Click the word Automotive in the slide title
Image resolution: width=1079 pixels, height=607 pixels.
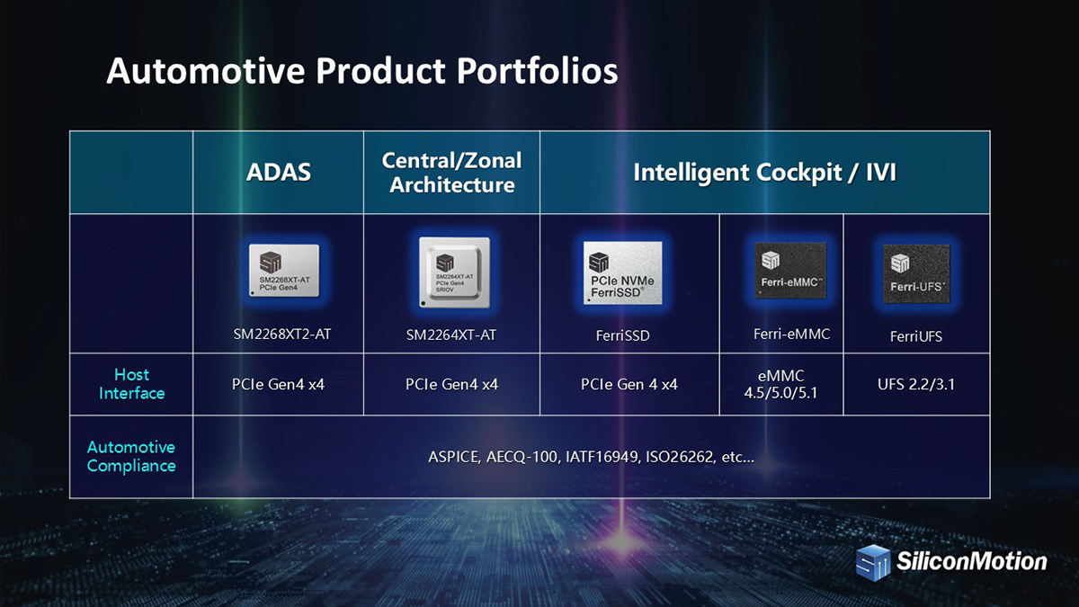pyautogui.click(x=206, y=71)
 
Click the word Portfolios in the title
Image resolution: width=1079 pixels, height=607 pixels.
pyautogui.click(x=537, y=71)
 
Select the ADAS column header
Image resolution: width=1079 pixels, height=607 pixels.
pyautogui.click(x=279, y=172)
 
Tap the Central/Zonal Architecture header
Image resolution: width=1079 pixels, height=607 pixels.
pyautogui.click(x=451, y=173)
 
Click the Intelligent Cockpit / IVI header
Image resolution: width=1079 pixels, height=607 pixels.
pyautogui.click(x=764, y=173)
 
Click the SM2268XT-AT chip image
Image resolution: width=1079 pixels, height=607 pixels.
pyautogui.click(x=284, y=271)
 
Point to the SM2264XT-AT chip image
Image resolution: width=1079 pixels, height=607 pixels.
pyautogui.click(x=454, y=272)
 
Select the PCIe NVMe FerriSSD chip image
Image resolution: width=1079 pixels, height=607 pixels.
pyautogui.click(x=623, y=272)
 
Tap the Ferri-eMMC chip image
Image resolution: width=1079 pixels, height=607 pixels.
pyautogui.click(x=790, y=271)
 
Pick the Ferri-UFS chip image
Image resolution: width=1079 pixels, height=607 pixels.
pyautogui.click(x=916, y=273)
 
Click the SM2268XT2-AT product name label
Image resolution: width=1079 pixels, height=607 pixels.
pyautogui.click(x=282, y=334)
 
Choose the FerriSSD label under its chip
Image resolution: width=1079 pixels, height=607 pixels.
pyautogui.click(x=623, y=335)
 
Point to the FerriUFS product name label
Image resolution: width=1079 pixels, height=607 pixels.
pyautogui.click(x=916, y=336)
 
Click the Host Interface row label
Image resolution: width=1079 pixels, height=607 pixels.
pyautogui.click(x=131, y=384)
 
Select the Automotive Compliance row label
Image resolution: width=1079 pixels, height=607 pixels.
pyautogui.click(x=131, y=456)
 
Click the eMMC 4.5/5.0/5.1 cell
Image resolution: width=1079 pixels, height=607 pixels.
pyautogui.click(x=780, y=384)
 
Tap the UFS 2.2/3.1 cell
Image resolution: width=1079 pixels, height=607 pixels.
pyautogui.click(x=916, y=385)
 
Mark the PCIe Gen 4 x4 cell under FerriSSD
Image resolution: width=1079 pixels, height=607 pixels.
pyautogui.click(x=629, y=385)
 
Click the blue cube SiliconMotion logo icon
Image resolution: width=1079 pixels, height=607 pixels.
pyautogui.click(x=873, y=563)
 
